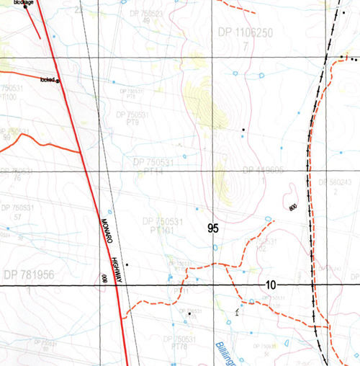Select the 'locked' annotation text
click(48, 79)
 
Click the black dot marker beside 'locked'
click(58, 81)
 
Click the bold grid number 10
click(270, 285)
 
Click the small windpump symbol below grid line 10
click(237, 311)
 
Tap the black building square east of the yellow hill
click(244, 130)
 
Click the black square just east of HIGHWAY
click(127, 265)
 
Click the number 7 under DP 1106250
click(245, 46)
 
